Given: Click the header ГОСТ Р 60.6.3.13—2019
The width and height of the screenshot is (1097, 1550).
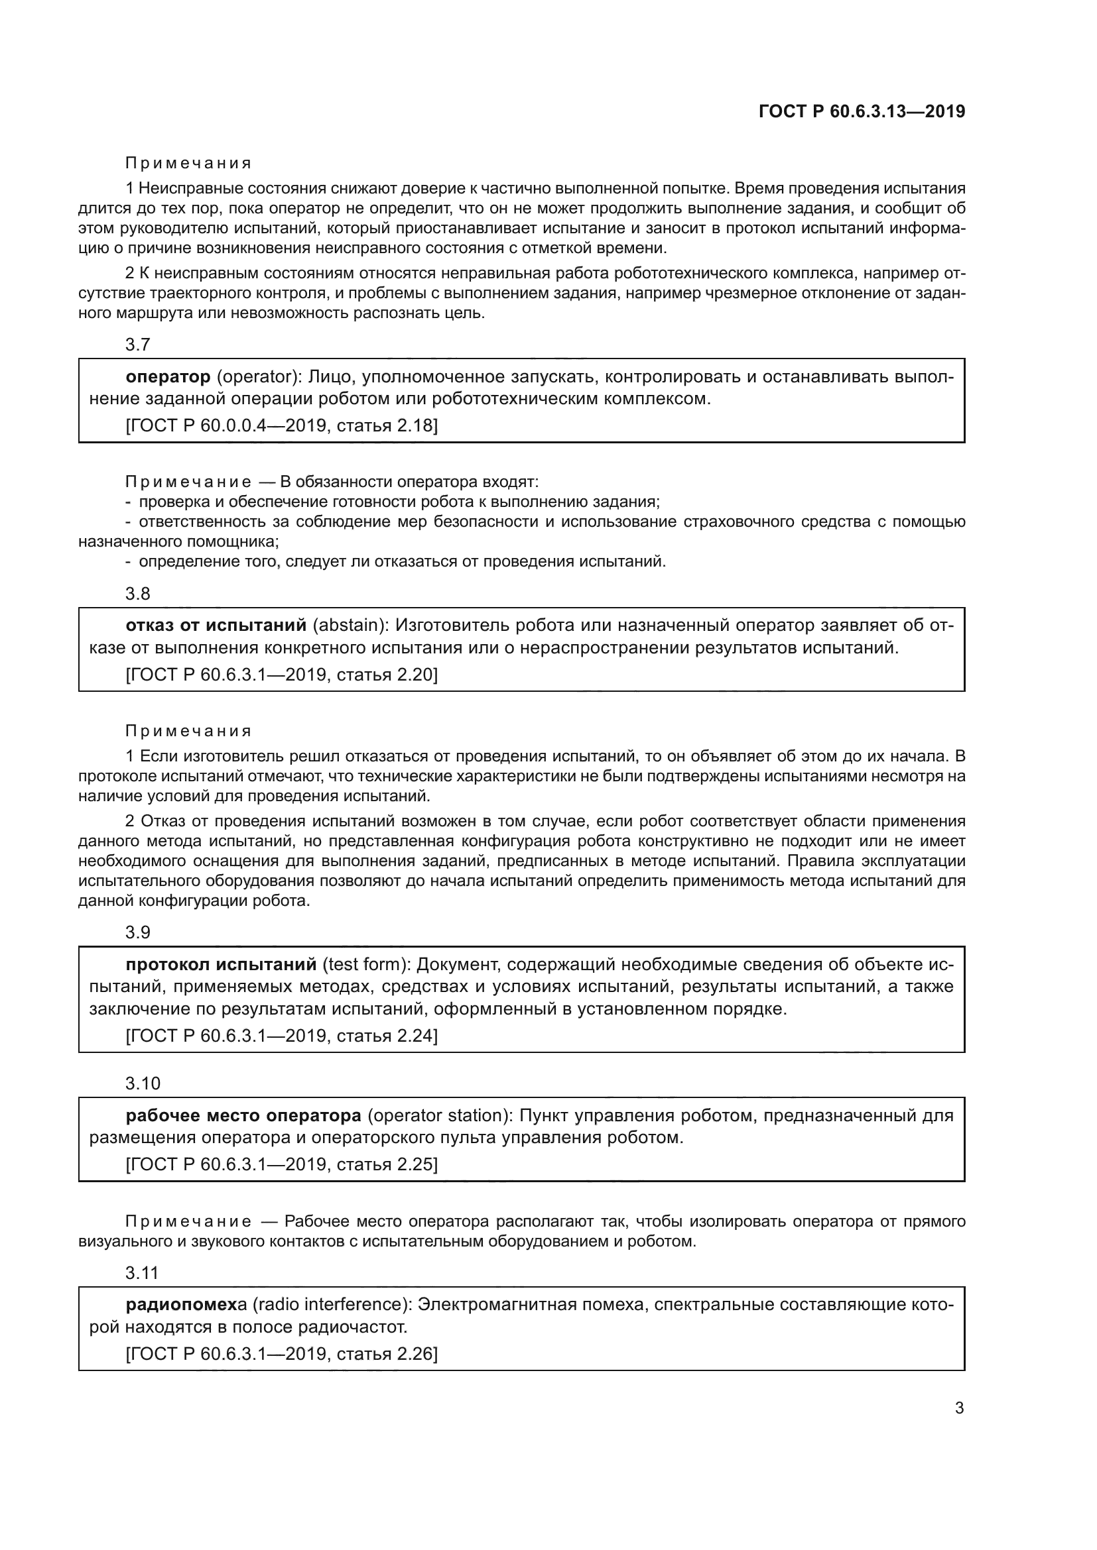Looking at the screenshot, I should [862, 111].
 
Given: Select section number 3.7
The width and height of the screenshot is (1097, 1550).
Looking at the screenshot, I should [138, 345].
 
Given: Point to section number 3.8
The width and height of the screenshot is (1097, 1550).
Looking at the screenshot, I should [138, 594].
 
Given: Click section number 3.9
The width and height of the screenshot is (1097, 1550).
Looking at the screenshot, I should [138, 932].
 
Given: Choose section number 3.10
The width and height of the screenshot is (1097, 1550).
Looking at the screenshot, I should [143, 1083].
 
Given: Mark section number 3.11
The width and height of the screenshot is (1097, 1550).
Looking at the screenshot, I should [142, 1273].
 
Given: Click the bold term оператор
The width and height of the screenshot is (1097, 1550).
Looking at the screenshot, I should [168, 376].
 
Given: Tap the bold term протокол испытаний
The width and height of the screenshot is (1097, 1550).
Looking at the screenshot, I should [221, 964].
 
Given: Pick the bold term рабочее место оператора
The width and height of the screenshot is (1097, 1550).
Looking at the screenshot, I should [244, 1115].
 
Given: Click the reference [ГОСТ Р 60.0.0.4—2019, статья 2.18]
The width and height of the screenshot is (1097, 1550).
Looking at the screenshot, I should [282, 426].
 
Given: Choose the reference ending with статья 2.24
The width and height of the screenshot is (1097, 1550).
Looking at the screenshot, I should [282, 1036].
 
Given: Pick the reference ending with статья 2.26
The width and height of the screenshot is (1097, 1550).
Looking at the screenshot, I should [282, 1355].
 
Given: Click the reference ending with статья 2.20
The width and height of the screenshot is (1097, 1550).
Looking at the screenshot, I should [282, 675].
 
